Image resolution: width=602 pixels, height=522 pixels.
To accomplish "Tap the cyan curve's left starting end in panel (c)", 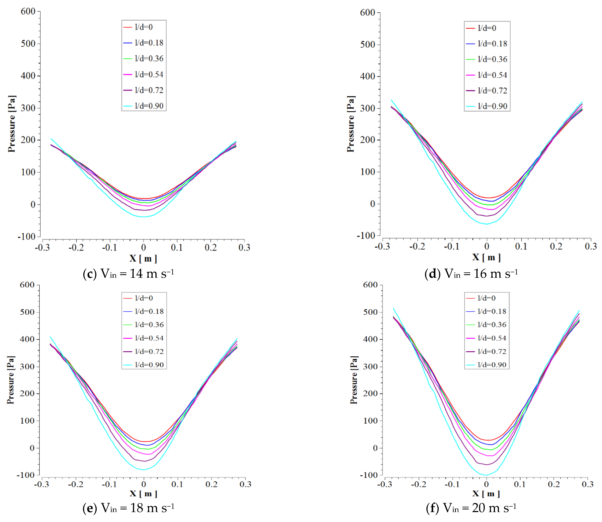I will (51, 139).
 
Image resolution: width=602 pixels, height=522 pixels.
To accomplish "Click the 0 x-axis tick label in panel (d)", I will (486, 246).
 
